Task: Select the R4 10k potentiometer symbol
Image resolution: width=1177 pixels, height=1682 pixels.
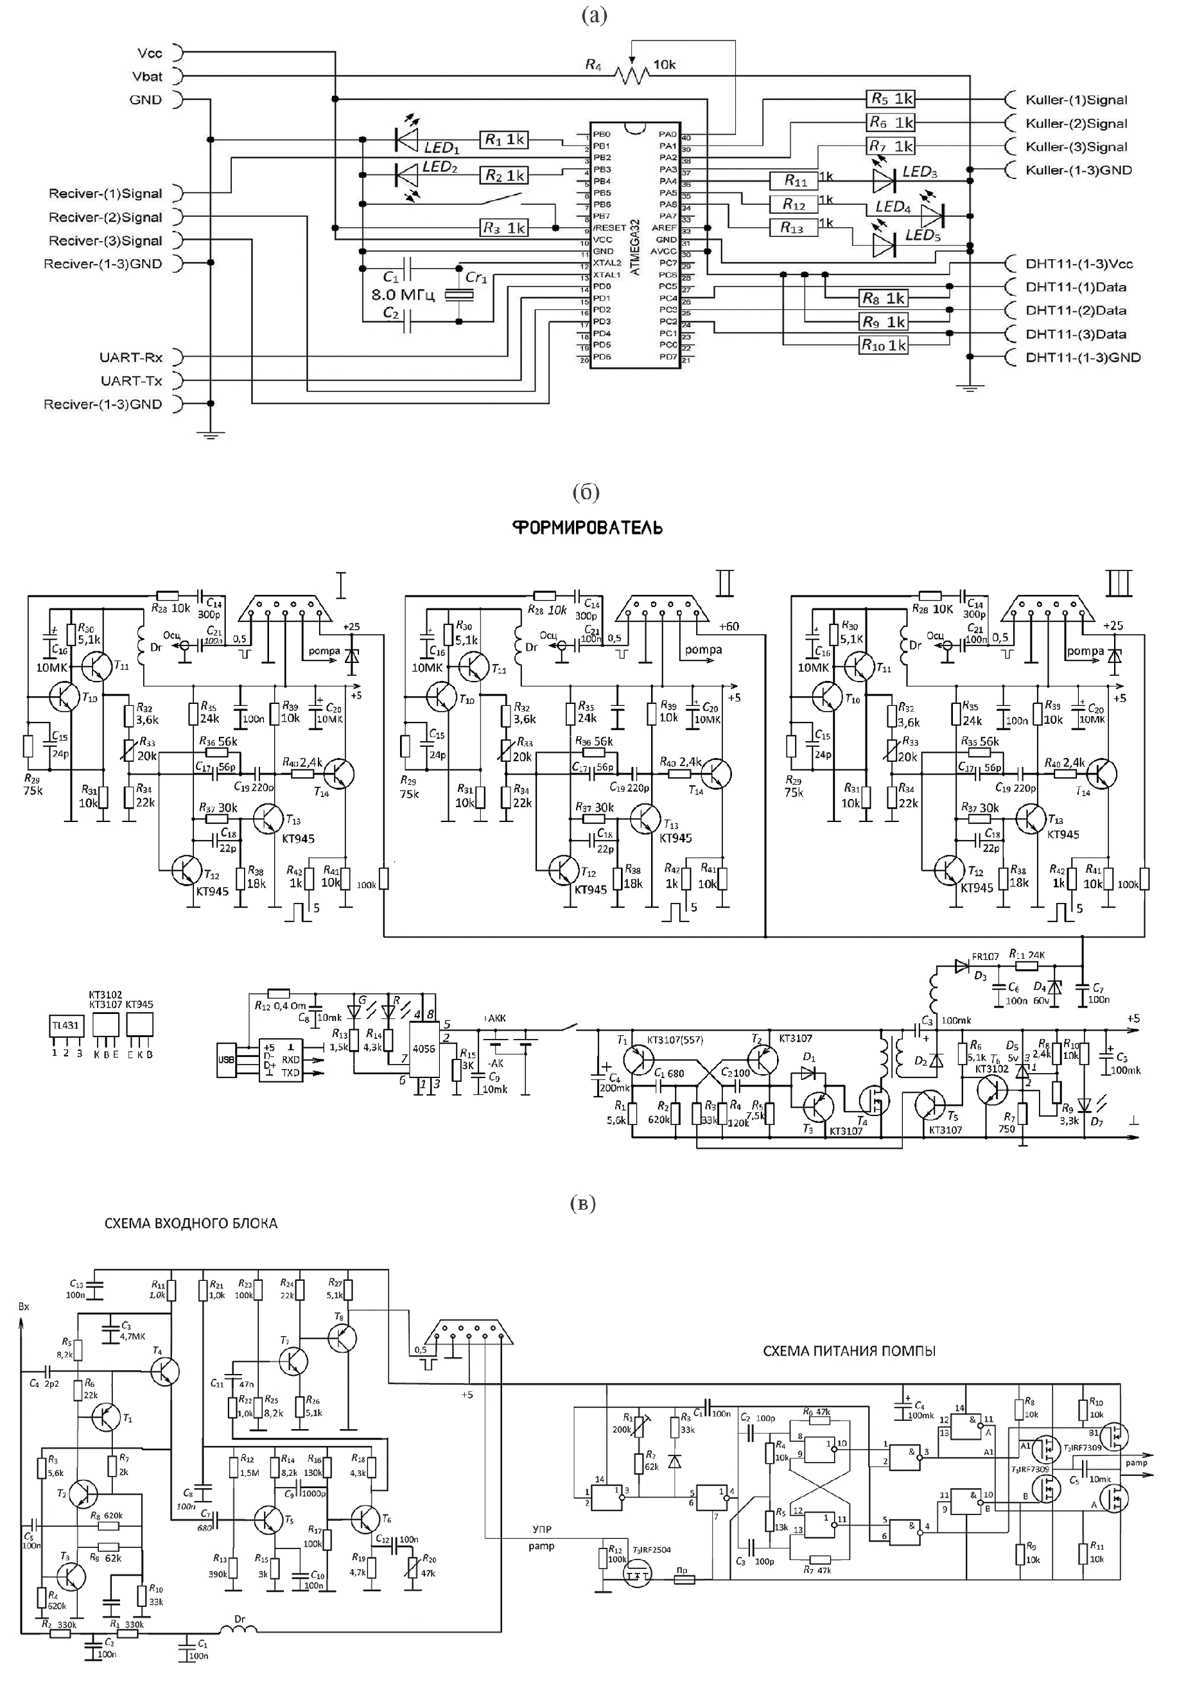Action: coord(631,74)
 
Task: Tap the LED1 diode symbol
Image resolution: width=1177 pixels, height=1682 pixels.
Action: coord(406,138)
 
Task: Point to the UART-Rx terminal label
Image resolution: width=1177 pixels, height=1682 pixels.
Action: coord(131,357)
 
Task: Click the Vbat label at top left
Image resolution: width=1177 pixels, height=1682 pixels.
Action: coord(147,76)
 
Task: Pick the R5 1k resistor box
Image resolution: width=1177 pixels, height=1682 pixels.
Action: coord(891,99)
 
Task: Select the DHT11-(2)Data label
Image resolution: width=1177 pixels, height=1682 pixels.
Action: coord(1075,311)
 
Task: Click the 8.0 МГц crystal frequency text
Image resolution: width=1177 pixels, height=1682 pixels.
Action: coord(403,295)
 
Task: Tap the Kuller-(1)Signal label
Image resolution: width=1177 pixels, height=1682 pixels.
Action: coord(1076,100)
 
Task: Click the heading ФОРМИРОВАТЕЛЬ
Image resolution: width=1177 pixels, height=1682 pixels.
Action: coord(587,528)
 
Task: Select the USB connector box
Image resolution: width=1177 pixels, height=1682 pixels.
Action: coord(226,1061)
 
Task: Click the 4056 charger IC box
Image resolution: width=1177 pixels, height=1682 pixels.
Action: coord(424,1049)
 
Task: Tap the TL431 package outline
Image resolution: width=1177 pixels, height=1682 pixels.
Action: coord(66,1026)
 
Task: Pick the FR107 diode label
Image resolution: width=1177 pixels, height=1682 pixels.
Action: coord(985,957)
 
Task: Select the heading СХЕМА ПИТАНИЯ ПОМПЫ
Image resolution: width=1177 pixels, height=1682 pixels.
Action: coord(849,1351)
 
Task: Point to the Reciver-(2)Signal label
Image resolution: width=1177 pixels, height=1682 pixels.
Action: coord(105,218)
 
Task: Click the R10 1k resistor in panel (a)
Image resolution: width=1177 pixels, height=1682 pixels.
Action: coord(883,345)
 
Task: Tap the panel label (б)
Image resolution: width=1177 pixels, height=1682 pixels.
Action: coord(586,493)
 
